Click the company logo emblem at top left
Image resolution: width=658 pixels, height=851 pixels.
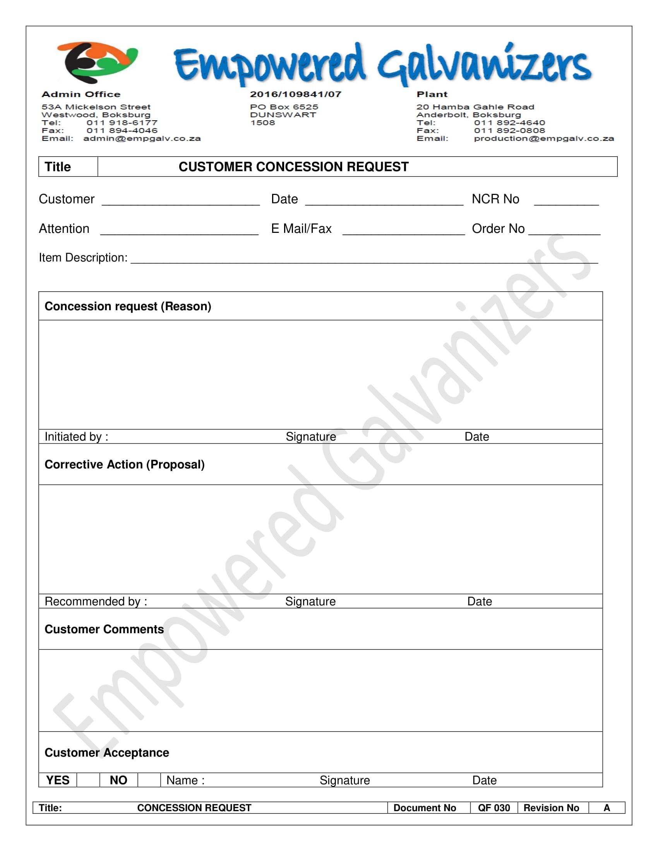[x=97, y=62]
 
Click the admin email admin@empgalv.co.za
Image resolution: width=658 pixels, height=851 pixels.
[x=142, y=139]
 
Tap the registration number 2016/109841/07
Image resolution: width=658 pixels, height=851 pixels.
[x=295, y=94]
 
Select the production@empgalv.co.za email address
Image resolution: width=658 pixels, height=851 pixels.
[x=544, y=139]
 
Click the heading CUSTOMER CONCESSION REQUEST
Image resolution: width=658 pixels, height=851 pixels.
[x=293, y=167]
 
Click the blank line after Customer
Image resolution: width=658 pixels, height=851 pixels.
[x=181, y=201]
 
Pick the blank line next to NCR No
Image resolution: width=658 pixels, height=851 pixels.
[x=566, y=201]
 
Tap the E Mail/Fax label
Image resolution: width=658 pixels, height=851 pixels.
[x=301, y=229]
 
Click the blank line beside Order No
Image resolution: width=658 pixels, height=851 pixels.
[x=564, y=231]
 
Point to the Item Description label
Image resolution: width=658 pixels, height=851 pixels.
[x=83, y=258]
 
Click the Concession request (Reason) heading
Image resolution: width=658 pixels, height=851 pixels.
[x=128, y=306]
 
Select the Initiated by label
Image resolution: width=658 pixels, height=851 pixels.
[x=76, y=436]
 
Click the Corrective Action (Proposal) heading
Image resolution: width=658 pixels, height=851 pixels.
[x=125, y=465]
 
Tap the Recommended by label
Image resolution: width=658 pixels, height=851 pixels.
[x=96, y=601]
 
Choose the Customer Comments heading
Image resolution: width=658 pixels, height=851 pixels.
[x=104, y=629]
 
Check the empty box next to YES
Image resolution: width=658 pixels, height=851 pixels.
[x=88, y=780]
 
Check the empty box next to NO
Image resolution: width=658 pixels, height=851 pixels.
[x=149, y=780]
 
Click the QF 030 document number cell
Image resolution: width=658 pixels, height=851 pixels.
[x=494, y=808]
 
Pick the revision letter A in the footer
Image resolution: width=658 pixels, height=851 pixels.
[x=607, y=808]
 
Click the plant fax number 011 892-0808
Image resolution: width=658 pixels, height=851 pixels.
[x=509, y=130]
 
